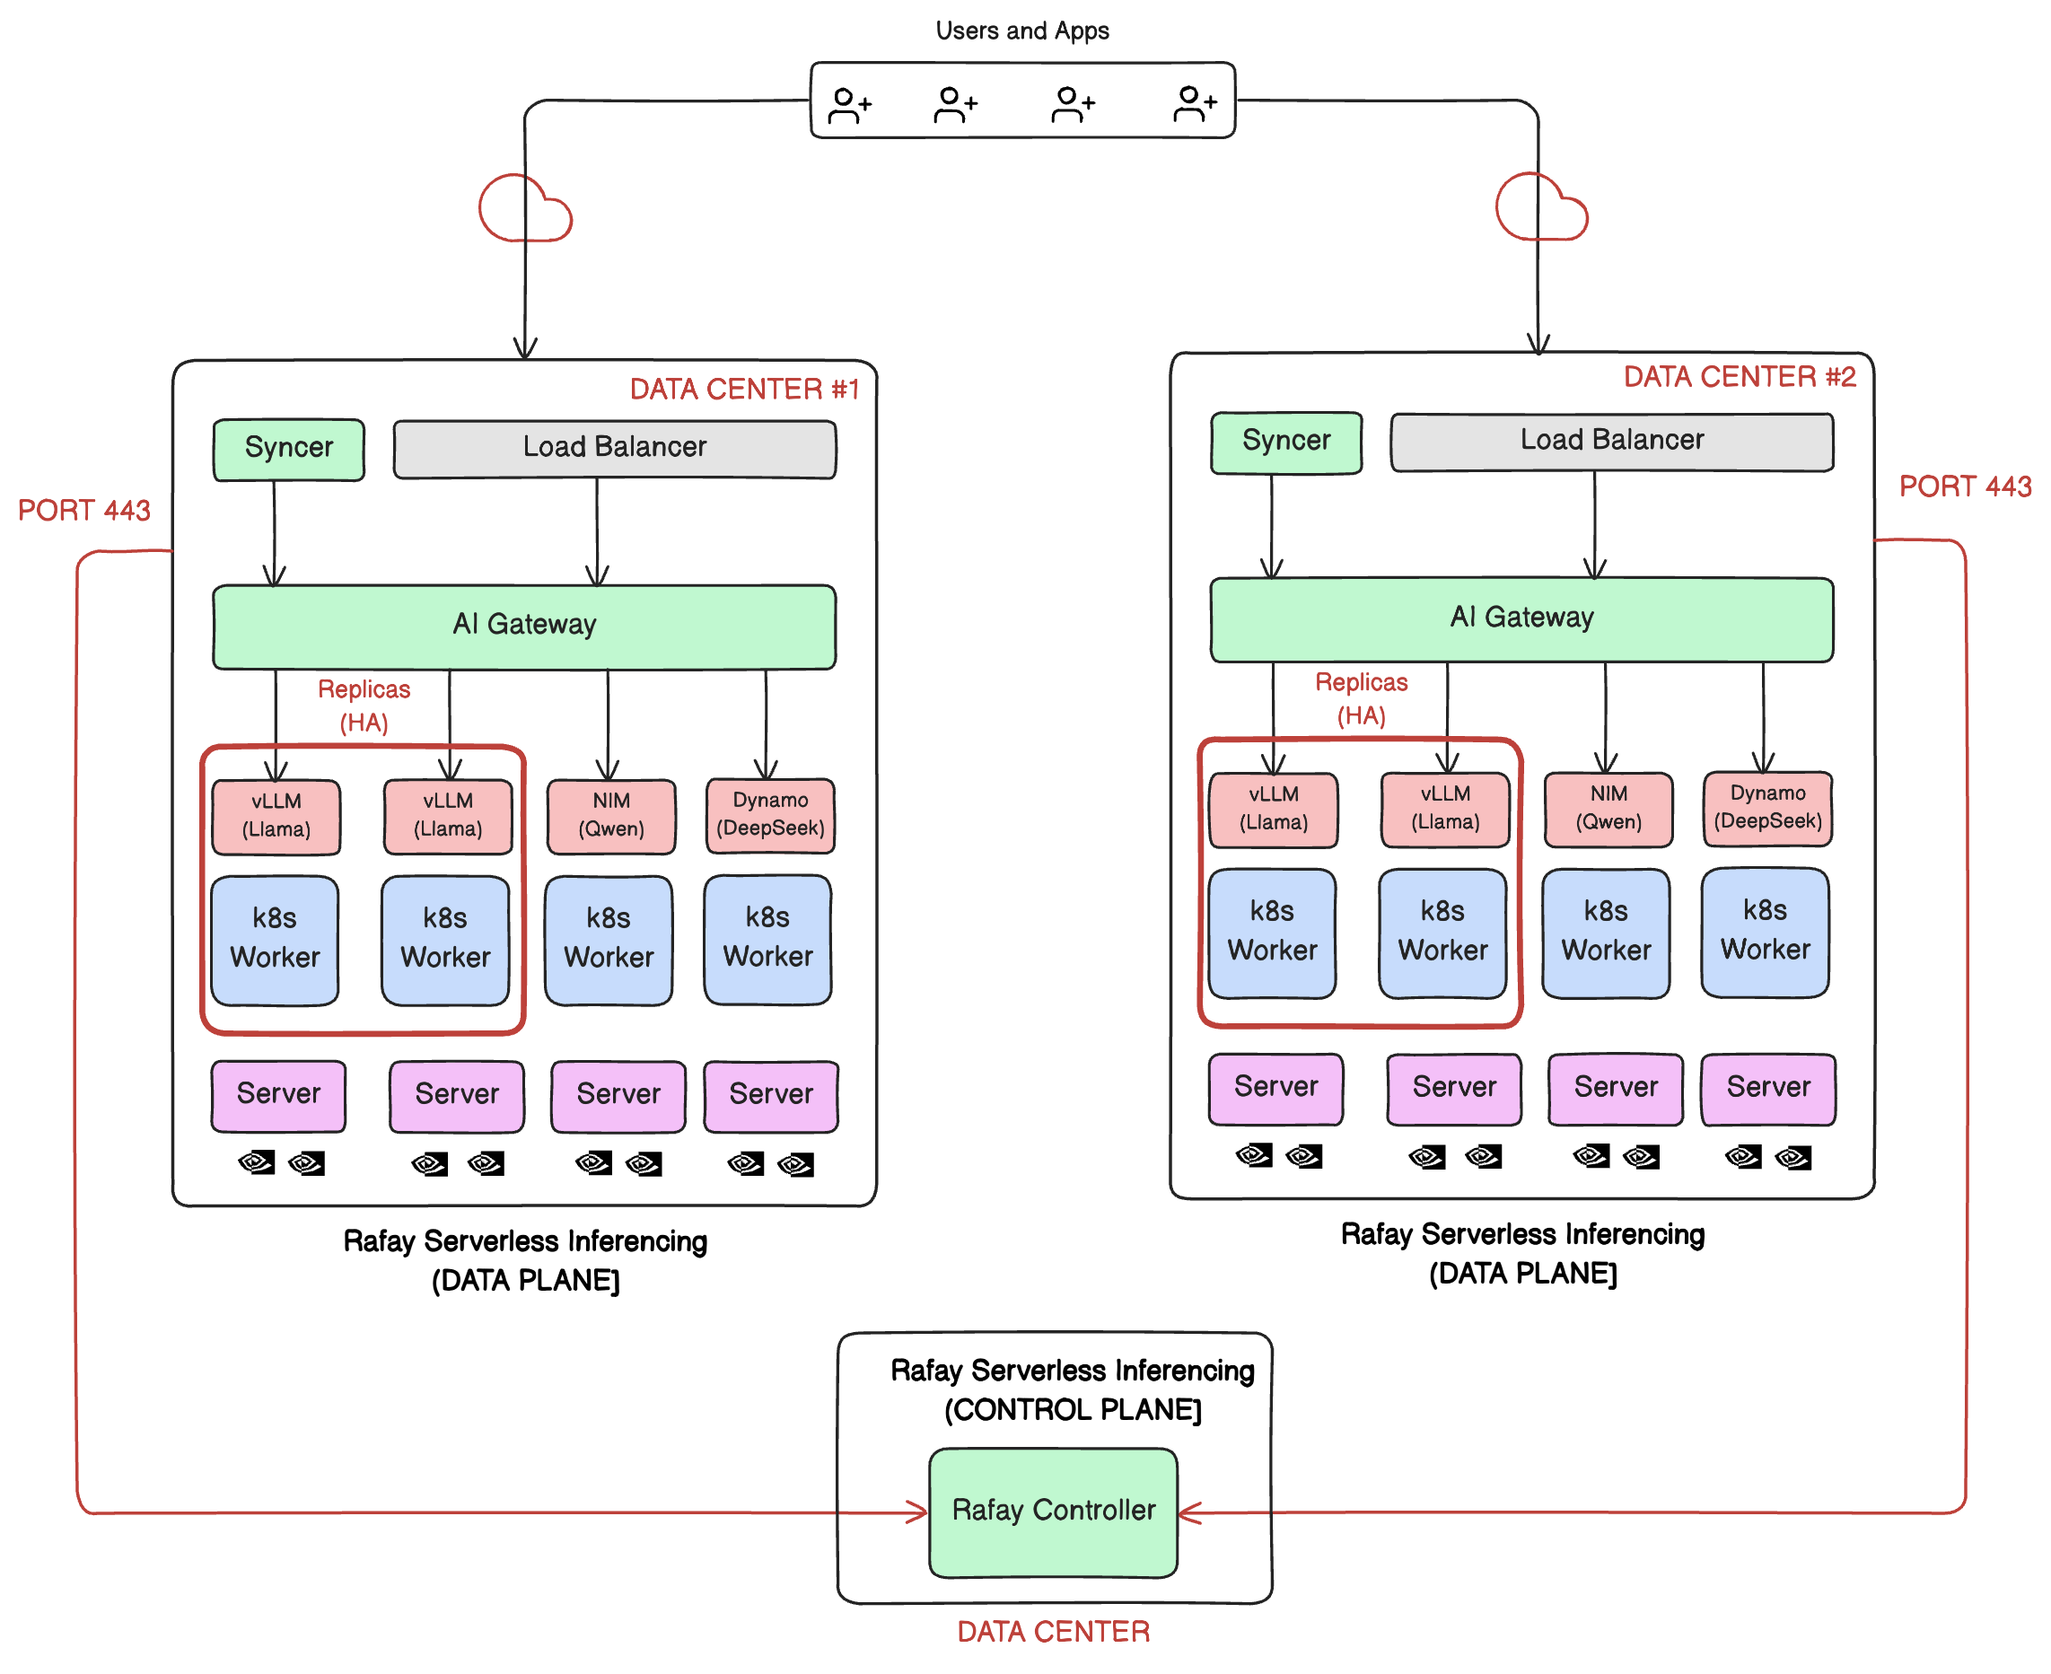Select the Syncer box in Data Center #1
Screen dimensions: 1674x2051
288,450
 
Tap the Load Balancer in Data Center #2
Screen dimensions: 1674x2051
1611,442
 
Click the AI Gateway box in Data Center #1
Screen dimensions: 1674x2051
523,626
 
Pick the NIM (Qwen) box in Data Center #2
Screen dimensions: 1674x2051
1608,809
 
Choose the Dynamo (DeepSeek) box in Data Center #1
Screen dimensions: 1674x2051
769,816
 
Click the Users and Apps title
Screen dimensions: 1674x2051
1022,31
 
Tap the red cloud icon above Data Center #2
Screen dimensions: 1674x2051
1540,208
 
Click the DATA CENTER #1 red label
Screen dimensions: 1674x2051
743,390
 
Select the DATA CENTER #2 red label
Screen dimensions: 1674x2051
1739,377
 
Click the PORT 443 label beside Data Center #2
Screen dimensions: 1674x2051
1964,486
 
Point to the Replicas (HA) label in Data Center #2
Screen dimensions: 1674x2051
1361,699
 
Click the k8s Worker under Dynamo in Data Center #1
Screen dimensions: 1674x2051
767,939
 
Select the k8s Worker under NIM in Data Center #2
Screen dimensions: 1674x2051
1606,933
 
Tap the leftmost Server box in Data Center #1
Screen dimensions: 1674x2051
277,1095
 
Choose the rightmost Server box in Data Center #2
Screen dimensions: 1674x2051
1767,1089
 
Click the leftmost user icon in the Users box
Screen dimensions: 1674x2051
849,104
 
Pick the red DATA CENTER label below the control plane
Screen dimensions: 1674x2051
1053,1632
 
